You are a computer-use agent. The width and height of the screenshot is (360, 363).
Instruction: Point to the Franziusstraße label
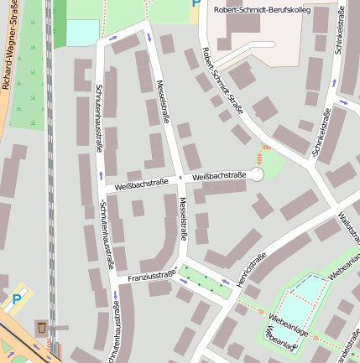coord(151,275)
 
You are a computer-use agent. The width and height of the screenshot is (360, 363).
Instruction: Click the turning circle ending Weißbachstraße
coord(257,174)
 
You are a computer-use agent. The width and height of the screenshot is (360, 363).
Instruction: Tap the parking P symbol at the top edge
coord(196,4)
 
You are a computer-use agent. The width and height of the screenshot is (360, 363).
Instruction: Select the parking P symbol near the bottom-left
coord(17,298)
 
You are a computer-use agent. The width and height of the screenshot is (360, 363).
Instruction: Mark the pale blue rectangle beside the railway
coord(82,33)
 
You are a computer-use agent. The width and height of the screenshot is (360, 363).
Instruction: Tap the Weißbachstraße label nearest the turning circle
coord(218,176)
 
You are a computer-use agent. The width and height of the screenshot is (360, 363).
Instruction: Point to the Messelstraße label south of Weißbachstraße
coord(183,219)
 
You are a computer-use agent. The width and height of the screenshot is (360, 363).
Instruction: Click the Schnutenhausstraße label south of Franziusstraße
coord(115,331)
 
